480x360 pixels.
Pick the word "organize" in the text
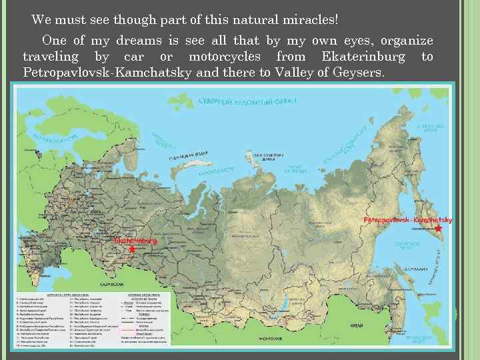pos(407,41)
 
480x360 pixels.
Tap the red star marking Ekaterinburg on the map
pos(132,249)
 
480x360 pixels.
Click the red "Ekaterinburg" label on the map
pos(135,239)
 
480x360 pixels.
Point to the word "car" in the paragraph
pos(134,57)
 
